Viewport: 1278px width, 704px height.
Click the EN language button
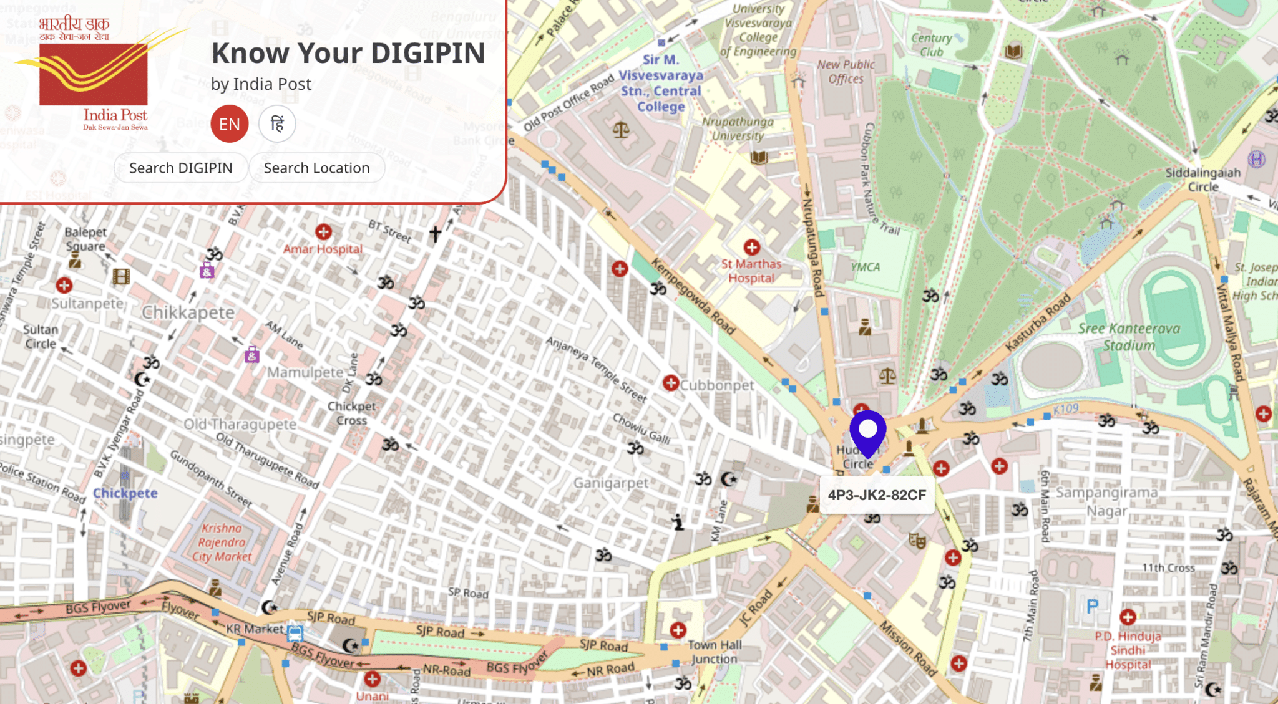click(x=229, y=124)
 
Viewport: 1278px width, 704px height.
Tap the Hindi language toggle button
click(x=277, y=124)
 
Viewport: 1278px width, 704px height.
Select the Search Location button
click(x=316, y=168)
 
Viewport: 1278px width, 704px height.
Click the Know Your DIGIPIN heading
click(x=348, y=53)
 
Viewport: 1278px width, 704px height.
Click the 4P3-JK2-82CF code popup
click(x=876, y=495)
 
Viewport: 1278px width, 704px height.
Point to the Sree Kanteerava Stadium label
click(x=1129, y=337)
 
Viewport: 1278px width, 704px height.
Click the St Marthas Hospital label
click(x=751, y=271)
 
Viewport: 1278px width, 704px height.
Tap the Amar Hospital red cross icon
click(x=323, y=232)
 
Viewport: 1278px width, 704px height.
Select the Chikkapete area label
click(x=188, y=312)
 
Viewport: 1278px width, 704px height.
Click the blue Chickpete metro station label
click(x=125, y=493)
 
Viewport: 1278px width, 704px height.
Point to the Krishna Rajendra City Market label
click(x=222, y=542)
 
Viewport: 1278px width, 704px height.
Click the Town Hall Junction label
click(x=714, y=652)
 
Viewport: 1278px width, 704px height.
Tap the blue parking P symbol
click(x=1092, y=606)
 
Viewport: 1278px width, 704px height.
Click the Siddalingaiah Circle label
click(x=1202, y=180)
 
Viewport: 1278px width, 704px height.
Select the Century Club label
click(x=931, y=45)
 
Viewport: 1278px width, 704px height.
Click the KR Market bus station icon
click(x=295, y=634)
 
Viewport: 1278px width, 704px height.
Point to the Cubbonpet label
click(x=717, y=385)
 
